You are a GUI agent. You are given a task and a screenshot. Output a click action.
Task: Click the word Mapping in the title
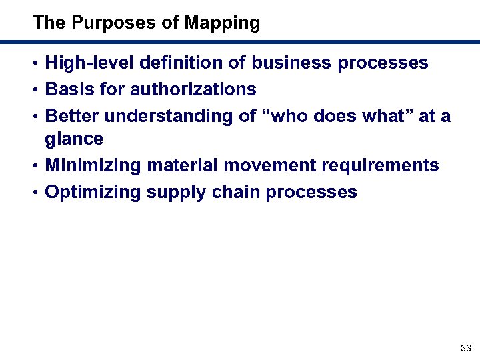pos(222,23)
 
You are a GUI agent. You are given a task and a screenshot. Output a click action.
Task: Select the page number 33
pos(466,348)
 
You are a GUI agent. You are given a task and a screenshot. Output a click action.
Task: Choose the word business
pos(291,63)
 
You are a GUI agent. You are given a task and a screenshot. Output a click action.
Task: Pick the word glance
pos(74,139)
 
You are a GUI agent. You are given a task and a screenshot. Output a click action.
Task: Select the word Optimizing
pos(93,193)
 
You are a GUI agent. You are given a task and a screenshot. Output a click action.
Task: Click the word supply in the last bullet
pos(177,193)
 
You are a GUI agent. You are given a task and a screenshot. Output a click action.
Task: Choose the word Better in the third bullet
pos(72,116)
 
